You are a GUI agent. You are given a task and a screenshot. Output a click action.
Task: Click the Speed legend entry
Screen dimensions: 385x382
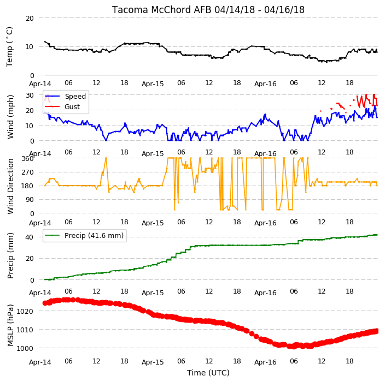[65, 96]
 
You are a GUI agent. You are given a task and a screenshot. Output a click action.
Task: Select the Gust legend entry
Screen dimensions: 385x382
[62, 106]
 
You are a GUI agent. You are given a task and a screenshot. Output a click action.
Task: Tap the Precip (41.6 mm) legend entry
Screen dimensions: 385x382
[84, 235]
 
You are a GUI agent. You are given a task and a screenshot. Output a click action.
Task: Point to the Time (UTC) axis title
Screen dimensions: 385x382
[208, 373]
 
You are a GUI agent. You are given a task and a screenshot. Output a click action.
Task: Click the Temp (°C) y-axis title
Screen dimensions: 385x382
[10, 47]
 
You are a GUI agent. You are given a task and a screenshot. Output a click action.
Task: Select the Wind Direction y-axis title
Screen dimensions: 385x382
[10, 187]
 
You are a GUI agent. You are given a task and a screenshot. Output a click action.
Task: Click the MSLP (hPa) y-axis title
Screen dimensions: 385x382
[10, 325]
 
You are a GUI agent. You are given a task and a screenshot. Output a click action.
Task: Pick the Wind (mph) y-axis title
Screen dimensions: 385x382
[10, 117]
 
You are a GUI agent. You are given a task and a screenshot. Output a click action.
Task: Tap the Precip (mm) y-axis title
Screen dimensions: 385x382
[10, 255]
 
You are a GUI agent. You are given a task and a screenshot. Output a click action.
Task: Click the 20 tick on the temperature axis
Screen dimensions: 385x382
[30, 18]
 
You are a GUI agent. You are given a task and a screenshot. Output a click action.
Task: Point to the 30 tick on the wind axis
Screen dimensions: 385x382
[30, 95]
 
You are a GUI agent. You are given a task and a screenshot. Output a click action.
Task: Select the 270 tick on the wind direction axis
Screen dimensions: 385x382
[27, 172]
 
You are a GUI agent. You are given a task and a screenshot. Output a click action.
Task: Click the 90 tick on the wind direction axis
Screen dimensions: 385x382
[30, 200]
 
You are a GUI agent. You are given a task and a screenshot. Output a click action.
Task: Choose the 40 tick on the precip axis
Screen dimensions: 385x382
[30, 237]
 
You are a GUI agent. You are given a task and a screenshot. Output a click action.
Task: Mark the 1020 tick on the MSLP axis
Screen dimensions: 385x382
[25, 312]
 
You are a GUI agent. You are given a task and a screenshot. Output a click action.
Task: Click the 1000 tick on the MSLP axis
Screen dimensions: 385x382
[25, 348]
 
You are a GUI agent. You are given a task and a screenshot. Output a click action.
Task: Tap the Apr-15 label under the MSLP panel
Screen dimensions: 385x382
[153, 362]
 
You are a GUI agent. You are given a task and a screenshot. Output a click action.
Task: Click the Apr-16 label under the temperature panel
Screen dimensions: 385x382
[265, 84]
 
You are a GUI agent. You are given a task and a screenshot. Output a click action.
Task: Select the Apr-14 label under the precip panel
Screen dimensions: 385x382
[40, 293]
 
